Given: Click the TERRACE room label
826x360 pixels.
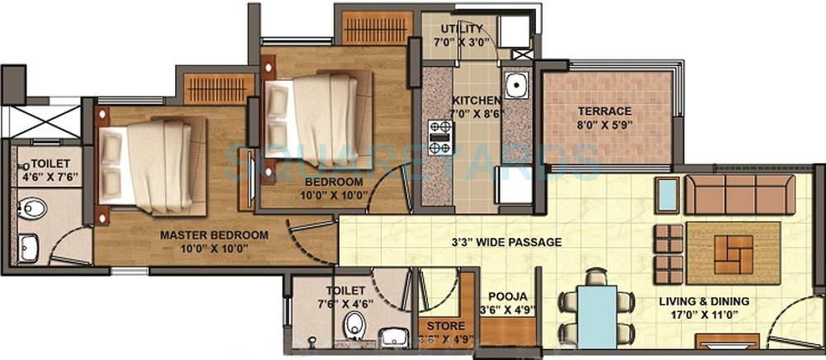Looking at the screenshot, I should (605, 111).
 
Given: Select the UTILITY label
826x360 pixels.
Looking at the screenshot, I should (462, 30).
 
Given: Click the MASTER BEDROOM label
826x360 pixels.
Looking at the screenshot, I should (214, 235).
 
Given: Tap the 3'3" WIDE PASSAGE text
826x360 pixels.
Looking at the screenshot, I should (506, 243).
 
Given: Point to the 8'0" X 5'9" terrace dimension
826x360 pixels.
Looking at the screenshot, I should (605, 126).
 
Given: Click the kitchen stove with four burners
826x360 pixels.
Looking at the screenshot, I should (439, 137).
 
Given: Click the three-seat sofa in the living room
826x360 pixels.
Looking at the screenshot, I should (739, 194).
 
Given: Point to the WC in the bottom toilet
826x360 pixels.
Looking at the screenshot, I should (356, 324).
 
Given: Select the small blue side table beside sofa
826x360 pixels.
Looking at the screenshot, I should (667, 194).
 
